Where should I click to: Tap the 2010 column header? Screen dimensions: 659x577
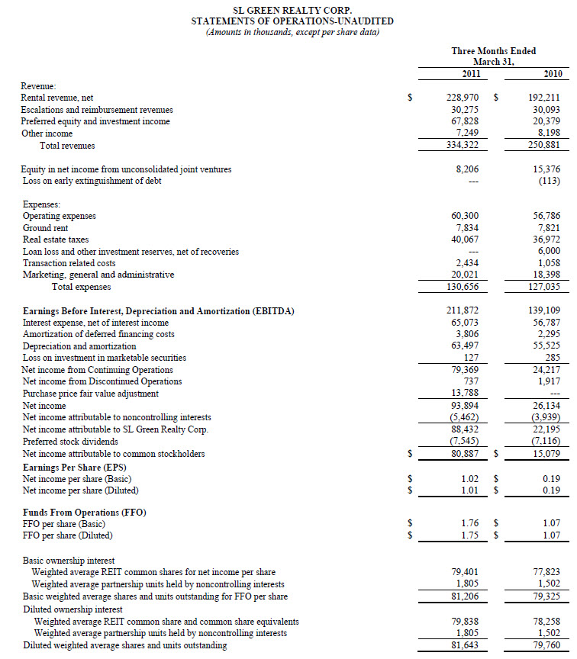coord(553,73)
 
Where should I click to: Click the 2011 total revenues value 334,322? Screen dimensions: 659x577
coord(463,146)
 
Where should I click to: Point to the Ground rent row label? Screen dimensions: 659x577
coord(48,228)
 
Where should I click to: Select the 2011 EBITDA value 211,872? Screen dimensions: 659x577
coord(463,310)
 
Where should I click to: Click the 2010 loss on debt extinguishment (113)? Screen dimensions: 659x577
coord(549,181)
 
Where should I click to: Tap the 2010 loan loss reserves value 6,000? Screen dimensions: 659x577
coord(550,251)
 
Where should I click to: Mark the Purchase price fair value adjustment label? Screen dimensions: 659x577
coord(91,394)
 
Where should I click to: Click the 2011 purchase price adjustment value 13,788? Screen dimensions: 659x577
coord(466,394)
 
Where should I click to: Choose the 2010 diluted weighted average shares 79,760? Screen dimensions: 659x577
coord(547,645)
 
